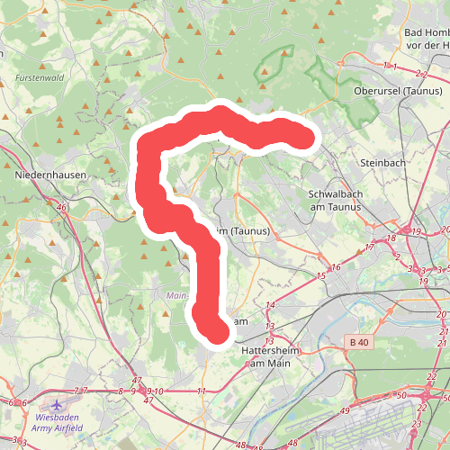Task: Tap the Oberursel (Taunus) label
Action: (398, 91)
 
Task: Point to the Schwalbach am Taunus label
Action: (335, 200)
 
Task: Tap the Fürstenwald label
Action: (40, 78)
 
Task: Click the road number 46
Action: (61, 208)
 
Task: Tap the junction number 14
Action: (270, 306)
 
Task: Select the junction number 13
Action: (270, 326)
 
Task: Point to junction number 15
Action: (320, 277)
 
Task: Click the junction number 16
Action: (337, 267)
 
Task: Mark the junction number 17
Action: (369, 247)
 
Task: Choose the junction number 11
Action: (202, 391)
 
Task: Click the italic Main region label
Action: (175, 294)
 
